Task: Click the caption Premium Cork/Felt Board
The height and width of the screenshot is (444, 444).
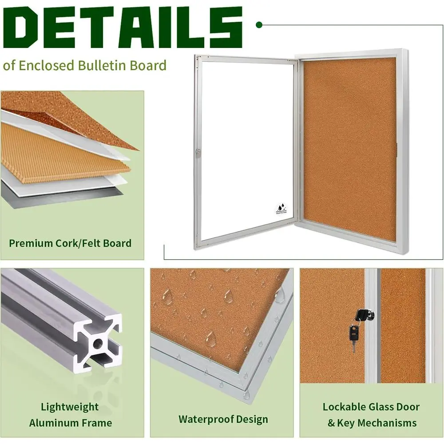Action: pyautogui.click(x=70, y=243)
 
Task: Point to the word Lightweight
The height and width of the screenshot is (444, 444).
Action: pyautogui.click(x=70, y=407)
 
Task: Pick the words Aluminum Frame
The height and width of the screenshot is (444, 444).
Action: pyautogui.click(x=70, y=423)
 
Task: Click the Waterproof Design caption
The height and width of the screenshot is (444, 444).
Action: pyautogui.click(x=223, y=419)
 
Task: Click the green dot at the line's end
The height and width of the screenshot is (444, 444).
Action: pyautogui.click(x=259, y=25)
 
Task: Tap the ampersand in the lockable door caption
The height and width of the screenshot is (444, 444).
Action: pyautogui.click(x=331, y=423)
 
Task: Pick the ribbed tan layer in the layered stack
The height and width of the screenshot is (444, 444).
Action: pyautogui.click(x=62, y=151)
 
